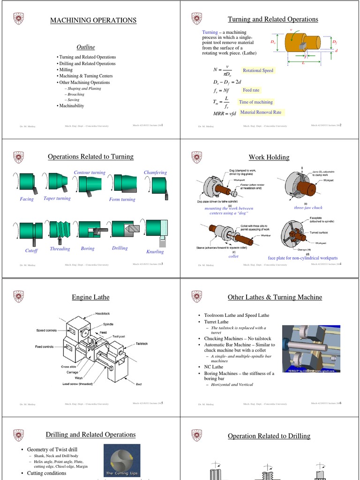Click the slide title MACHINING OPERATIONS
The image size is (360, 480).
[93, 20]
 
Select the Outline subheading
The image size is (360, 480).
[86, 47]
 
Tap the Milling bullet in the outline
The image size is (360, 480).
[66, 69]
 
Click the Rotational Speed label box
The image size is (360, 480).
[257, 71]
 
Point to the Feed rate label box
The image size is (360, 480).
[251, 90]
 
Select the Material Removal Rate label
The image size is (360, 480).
[261, 112]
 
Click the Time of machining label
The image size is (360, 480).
[255, 102]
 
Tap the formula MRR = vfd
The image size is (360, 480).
[225, 113]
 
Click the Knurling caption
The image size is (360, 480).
[155, 252]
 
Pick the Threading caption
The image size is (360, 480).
[60, 249]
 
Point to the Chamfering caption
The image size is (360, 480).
[155, 172]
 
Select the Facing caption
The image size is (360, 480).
[27, 199]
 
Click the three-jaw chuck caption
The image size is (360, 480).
[308, 207]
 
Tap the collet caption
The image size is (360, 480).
[233, 256]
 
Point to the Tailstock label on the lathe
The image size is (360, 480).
[142, 344]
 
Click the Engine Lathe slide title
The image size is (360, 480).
[90, 297]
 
